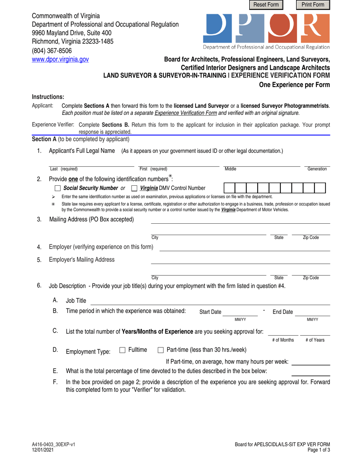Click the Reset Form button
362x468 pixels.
pos(266,5)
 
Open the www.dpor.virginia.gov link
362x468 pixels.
pos(60,59)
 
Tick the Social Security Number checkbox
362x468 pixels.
pos(58,188)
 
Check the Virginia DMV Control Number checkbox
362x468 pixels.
pos(134,188)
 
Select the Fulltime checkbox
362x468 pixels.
pos(122,350)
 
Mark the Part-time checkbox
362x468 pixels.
pos(160,350)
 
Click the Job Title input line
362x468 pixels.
pos(210,301)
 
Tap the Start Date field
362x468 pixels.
pos(237,312)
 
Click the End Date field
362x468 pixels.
pos(312,312)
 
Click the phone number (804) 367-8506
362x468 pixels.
pos(51,51)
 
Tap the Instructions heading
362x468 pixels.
pos(48,97)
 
